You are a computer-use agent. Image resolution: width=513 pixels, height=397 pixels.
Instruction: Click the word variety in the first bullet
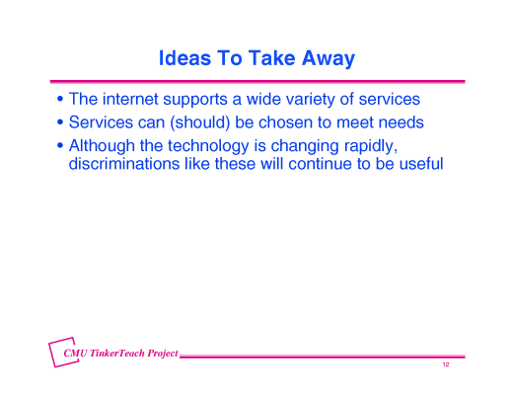click(x=301, y=100)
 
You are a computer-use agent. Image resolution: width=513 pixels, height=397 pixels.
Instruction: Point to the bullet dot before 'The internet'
click(x=61, y=101)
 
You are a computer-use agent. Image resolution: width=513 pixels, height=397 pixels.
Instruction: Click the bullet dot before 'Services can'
click(x=61, y=123)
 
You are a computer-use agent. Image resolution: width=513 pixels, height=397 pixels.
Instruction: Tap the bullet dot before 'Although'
click(x=61, y=146)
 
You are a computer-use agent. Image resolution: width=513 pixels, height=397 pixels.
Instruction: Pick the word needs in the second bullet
click(x=399, y=122)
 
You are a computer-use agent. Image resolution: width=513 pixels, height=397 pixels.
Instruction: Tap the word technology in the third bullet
click(x=223, y=145)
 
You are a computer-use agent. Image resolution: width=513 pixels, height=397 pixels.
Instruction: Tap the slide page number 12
click(x=446, y=365)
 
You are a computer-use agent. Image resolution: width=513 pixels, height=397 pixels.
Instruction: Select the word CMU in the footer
click(x=76, y=353)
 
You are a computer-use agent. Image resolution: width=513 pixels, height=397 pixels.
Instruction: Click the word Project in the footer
click(x=162, y=353)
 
